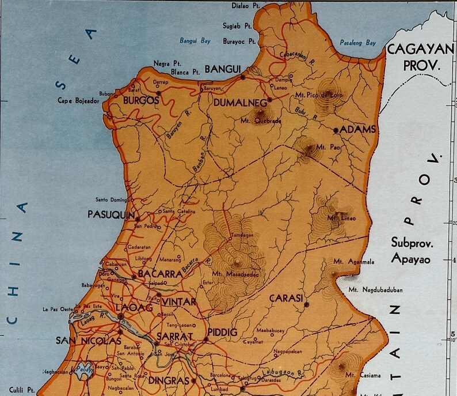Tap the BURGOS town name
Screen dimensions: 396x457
pyautogui.click(x=141, y=100)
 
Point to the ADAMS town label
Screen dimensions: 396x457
pyautogui.click(x=358, y=129)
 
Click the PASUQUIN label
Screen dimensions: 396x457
pyautogui.click(x=111, y=214)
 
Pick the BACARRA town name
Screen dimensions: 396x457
pyautogui.click(x=160, y=274)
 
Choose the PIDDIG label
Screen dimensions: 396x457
pyautogui.click(x=222, y=333)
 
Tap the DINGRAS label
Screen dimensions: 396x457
pyautogui.click(x=169, y=380)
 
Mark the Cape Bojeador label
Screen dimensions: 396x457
pyautogui.click(x=78, y=100)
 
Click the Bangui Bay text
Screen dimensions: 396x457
pyautogui.click(x=195, y=41)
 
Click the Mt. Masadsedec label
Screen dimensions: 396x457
pyautogui.click(x=234, y=273)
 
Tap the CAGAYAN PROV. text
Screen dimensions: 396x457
pyautogui.click(x=420, y=56)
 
